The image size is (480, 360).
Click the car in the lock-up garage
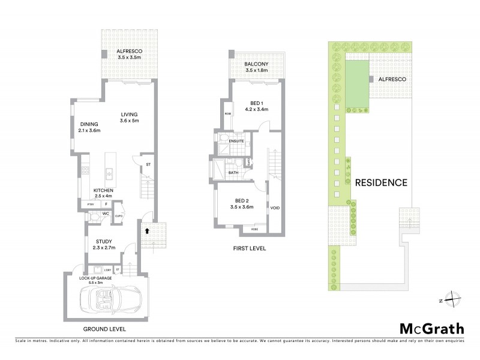point(113,299)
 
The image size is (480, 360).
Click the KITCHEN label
point(103,191)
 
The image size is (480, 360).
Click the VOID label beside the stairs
point(275,208)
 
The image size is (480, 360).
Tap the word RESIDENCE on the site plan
point(381,182)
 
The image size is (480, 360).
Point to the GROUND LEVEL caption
point(104,329)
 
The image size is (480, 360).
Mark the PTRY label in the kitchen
point(91,205)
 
